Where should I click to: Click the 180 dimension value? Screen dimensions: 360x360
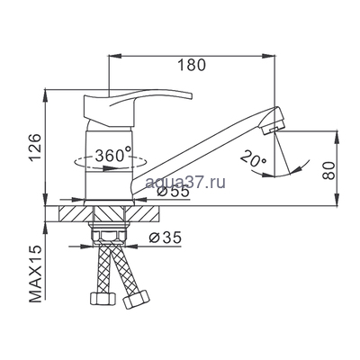point(191,66)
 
